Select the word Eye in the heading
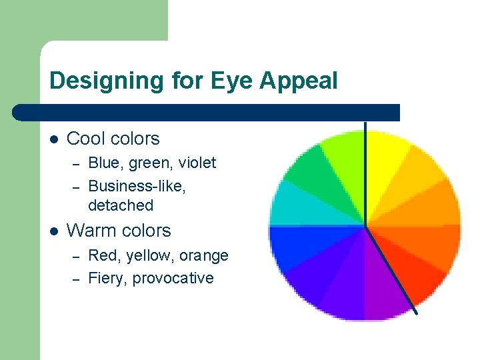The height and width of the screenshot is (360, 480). click(232, 81)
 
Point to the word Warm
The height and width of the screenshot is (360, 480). click(89, 231)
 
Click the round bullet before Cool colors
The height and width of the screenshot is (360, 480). click(54, 139)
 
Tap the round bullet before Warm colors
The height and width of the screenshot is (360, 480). click(54, 231)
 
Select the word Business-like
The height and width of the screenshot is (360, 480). click(137, 187)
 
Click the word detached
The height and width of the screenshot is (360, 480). click(120, 205)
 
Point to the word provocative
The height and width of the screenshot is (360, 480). click(173, 278)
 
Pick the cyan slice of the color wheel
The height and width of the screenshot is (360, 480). click(297, 203)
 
